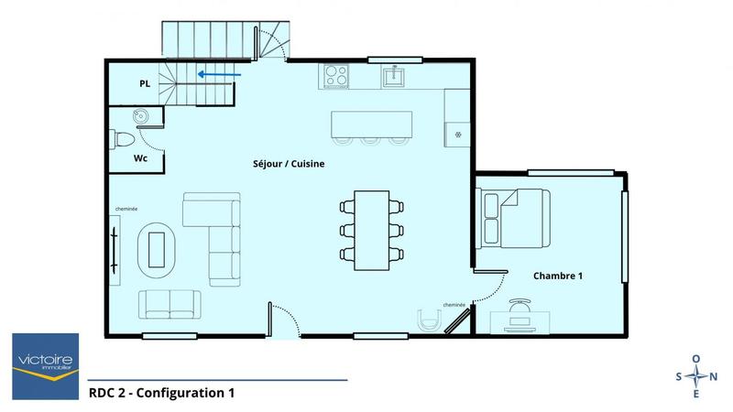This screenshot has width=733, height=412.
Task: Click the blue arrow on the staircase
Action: [219, 76]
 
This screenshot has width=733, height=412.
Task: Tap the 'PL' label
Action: [145, 83]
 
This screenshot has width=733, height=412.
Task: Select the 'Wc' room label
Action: [140, 157]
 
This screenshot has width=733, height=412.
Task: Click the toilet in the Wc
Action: [123, 140]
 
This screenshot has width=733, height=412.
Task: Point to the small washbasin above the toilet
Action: [141, 115]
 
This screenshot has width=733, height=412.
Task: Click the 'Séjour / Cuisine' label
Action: [289, 165]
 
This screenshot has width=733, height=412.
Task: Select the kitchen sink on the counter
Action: [396, 75]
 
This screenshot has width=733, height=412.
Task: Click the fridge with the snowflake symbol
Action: [458, 133]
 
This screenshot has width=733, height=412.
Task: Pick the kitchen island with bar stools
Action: [372, 123]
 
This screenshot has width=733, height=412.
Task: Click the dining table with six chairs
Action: [372, 229]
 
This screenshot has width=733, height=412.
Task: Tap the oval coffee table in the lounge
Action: [158, 246]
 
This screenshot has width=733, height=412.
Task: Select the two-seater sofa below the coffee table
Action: [170, 303]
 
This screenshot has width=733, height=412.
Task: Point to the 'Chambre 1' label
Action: [559, 276]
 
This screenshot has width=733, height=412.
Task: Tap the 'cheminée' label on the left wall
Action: [126, 210]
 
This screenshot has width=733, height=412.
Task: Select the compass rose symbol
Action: [696, 375]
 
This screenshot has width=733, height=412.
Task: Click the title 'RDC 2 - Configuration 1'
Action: [161, 394]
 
